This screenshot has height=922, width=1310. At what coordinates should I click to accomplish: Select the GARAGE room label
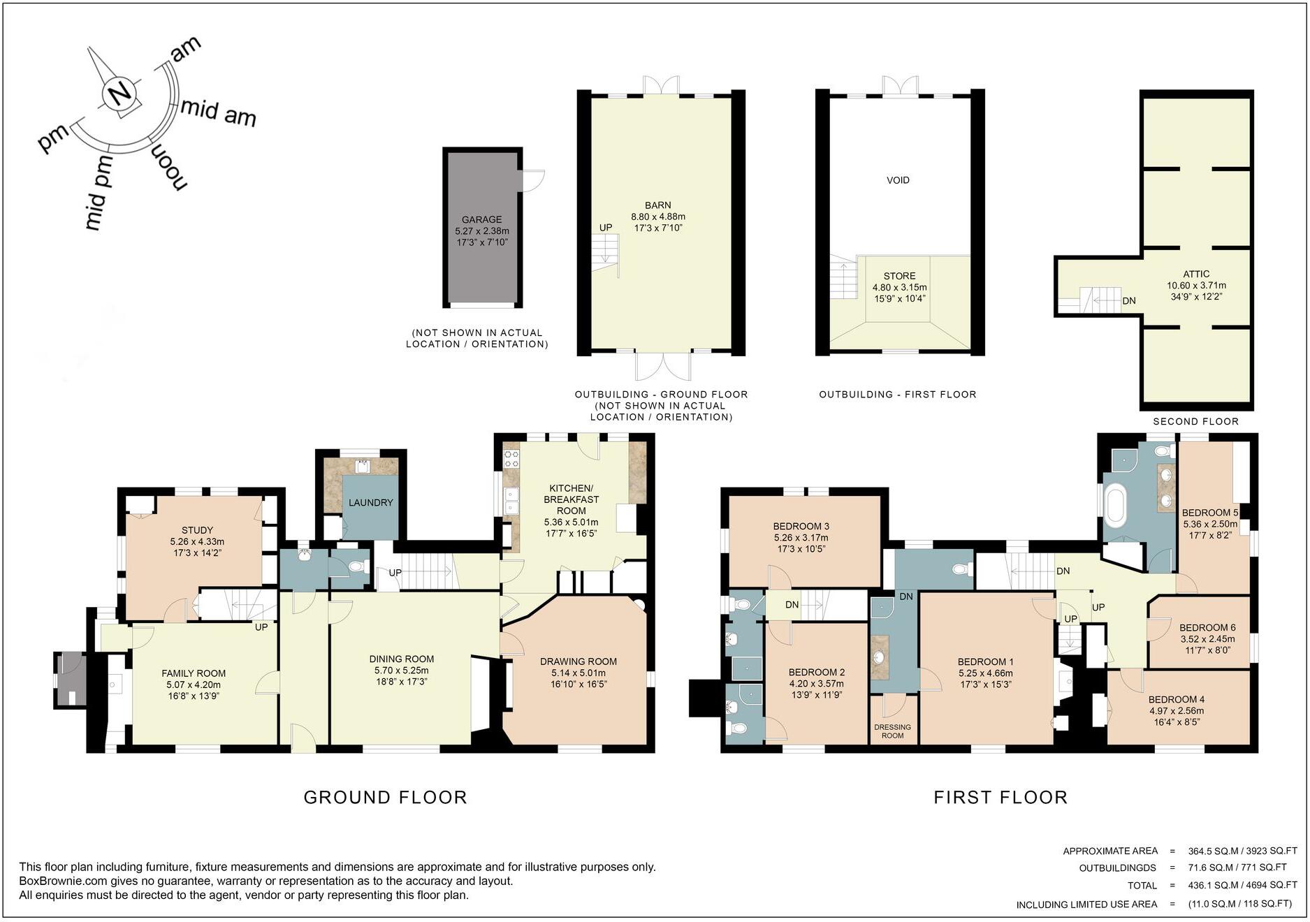point(481,219)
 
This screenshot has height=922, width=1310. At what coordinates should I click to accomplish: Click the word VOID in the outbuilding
point(898,180)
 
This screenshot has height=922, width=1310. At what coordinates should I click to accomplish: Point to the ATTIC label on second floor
point(1196,274)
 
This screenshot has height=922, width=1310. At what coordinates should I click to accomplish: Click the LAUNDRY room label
point(370,502)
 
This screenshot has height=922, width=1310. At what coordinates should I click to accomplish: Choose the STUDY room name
point(197,530)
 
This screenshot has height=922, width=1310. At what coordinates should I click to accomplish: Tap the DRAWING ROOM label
point(578,661)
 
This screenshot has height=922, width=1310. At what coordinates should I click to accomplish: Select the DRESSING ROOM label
point(892,731)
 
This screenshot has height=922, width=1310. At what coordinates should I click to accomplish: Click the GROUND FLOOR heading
point(385,797)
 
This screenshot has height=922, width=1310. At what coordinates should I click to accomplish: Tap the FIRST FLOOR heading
point(1000,797)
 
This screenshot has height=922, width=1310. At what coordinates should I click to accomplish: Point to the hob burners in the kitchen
point(511,458)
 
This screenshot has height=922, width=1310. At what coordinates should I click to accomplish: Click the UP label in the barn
point(605,228)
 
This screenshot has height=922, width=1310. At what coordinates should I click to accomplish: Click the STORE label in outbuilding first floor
point(899,276)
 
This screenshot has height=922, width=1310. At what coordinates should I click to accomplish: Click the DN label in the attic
point(1128,301)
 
